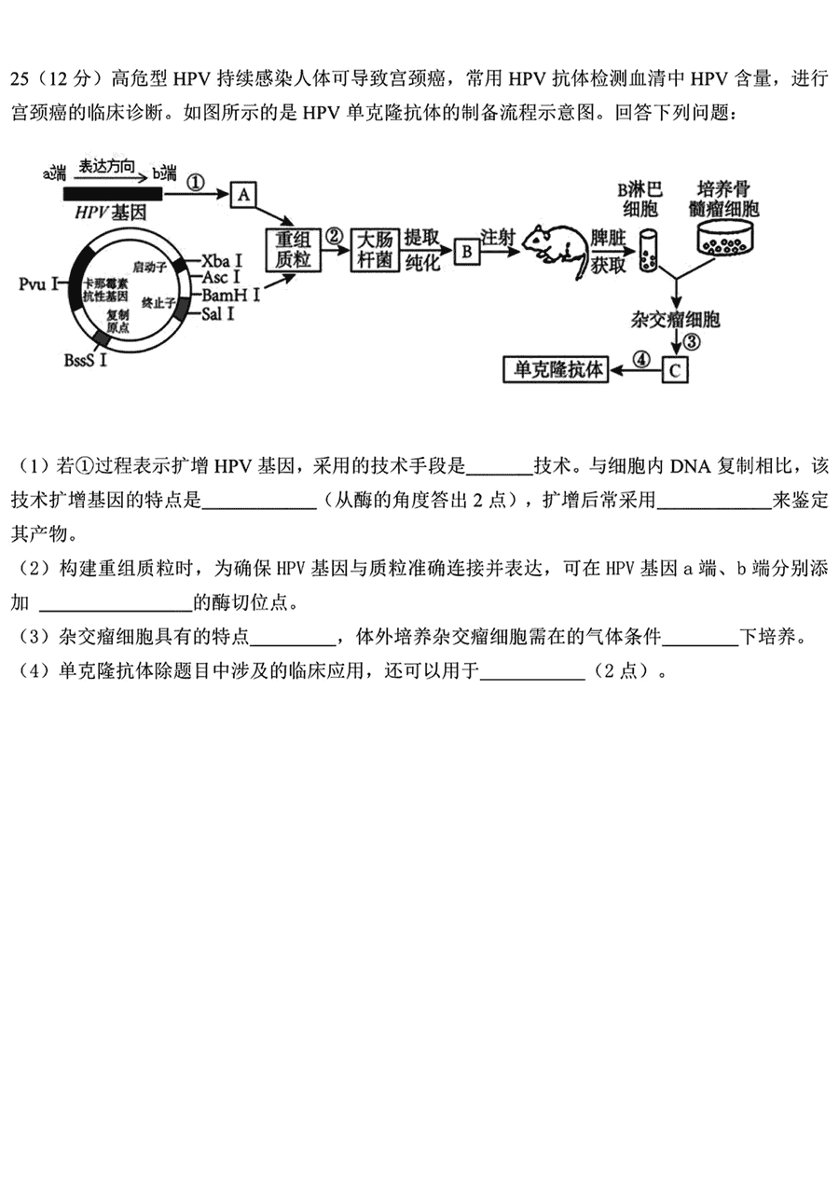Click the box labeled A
243,195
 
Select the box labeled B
466,252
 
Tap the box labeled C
675,369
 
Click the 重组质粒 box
293,251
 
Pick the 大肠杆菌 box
374,251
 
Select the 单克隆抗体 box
556,369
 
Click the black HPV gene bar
113,194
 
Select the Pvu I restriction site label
38,284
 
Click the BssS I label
85,360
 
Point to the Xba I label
222,261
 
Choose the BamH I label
231,295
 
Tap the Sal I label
217,314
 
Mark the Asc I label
221,277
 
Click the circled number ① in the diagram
196,183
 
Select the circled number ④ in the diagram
641,359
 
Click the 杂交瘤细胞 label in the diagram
675,319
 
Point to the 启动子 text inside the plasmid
150,267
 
